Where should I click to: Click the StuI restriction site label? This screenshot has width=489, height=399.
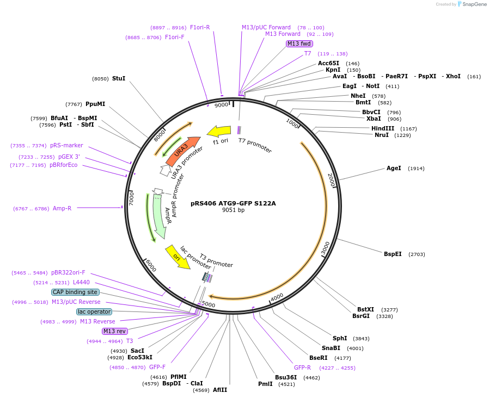119,78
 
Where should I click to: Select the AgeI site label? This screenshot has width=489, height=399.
394,168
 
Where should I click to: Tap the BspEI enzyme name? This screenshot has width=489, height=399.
393,254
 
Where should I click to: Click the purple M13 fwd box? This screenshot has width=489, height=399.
299,43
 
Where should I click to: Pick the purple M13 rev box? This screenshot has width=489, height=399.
115,331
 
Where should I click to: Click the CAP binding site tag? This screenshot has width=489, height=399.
75,292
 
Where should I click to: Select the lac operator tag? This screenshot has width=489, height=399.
94,311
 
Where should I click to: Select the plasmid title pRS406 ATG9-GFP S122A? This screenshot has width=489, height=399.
233,203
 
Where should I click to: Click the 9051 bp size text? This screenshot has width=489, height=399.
233,210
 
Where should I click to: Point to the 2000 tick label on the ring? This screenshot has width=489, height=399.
332,179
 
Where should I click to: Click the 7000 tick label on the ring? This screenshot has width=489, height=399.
131,198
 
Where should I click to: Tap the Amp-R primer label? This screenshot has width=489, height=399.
62,208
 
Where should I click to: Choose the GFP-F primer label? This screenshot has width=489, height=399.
157,367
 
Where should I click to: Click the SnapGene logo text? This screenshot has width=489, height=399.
474,4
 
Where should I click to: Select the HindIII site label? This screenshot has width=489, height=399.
383,128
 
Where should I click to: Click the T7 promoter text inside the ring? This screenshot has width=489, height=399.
255,145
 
